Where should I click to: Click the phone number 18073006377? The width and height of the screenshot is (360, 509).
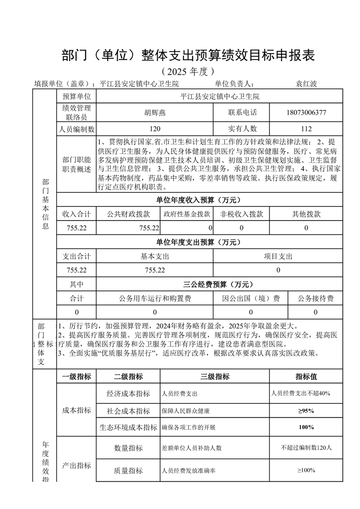click(x=306, y=113)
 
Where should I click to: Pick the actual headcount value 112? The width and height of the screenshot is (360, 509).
click(x=306, y=129)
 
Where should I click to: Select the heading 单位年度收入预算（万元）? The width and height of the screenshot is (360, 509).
click(x=198, y=200)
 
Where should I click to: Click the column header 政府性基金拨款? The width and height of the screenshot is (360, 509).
click(x=187, y=214)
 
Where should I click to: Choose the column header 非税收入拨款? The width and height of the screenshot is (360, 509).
click(x=242, y=214)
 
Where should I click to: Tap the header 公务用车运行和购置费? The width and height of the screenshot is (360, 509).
click(x=155, y=299)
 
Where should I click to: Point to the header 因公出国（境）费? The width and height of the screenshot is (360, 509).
click(x=251, y=299)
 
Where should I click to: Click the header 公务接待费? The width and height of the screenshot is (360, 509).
click(x=316, y=299)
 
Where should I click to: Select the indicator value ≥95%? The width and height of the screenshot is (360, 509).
click(x=306, y=411)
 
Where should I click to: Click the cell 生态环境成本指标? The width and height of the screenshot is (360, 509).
click(x=128, y=427)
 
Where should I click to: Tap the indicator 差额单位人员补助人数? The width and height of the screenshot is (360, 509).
click(x=192, y=448)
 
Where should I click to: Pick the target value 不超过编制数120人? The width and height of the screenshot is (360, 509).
click(x=306, y=448)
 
